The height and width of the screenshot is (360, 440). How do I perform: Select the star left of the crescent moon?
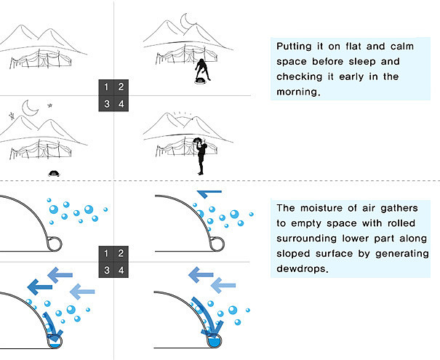click(x=12, y=115)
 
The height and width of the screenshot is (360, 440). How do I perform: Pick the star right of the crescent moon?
click(x=50, y=105)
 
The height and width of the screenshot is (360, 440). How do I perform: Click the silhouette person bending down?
click(x=204, y=69)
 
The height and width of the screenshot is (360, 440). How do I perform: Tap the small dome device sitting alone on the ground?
click(x=53, y=173)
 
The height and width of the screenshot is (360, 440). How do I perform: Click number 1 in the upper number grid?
click(x=107, y=87)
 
